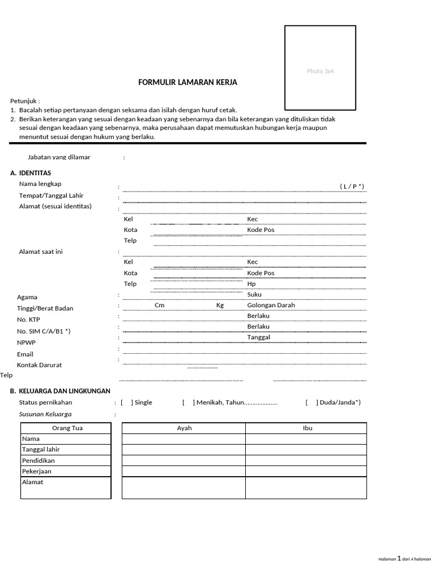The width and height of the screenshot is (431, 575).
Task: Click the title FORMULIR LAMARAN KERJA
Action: point(187,83)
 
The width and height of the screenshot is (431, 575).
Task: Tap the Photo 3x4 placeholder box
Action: point(320,68)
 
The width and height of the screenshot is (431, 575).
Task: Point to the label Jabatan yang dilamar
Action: point(59,157)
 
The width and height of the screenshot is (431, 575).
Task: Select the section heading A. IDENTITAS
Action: point(31,173)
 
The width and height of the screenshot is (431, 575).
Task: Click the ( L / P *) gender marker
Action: point(352,186)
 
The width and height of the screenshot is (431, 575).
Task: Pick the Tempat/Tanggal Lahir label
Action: point(51,195)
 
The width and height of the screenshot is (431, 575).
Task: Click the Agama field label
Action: point(27,297)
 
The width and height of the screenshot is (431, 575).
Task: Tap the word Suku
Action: point(254,294)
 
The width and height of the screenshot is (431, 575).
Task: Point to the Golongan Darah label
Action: point(270,305)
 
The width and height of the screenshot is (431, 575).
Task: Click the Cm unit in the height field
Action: point(159,305)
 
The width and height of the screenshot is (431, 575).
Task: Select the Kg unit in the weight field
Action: point(220,305)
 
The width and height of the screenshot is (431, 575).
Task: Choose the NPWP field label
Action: point(26,343)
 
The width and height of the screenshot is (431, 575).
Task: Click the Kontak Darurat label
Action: point(39,365)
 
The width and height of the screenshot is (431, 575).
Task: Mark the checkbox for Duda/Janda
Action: point(311,403)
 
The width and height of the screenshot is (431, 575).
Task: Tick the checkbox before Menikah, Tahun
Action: point(189,403)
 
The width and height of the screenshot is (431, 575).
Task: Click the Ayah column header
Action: point(184,428)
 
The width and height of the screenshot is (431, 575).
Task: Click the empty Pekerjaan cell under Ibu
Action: point(306,472)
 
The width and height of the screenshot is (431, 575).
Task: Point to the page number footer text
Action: point(404,559)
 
